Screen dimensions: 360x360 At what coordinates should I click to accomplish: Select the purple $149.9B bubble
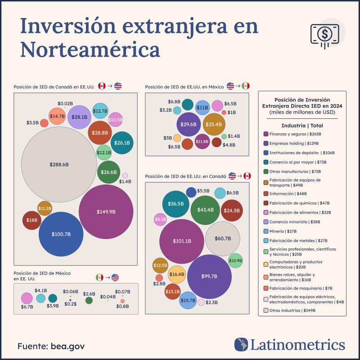(x=106, y=211)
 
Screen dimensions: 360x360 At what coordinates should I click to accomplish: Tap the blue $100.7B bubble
(x=61, y=234)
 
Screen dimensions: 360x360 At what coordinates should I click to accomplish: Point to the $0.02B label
(x=65, y=103)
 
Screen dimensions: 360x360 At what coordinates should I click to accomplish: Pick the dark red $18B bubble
(x=31, y=220)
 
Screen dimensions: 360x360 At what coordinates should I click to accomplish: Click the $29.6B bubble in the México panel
(x=188, y=124)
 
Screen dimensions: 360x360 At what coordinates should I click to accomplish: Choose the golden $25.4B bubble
(x=214, y=124)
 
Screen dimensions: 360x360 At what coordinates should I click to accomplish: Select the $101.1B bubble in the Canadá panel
(x=182, y=241)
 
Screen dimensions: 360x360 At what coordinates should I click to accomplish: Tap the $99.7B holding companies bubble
(x=209, y=276)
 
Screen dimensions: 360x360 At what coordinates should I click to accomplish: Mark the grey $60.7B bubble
(x=222, y=238)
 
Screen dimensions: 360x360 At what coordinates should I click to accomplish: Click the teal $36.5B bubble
(x=175, y=203)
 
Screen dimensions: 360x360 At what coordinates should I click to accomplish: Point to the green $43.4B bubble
(x=205, y=210)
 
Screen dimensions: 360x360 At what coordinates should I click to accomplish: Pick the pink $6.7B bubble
(x=27, y=298)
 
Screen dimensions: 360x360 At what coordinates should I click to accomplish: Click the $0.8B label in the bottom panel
(x=122, y=306)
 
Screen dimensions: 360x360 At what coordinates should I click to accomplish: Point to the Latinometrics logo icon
(x=241, y=345)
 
